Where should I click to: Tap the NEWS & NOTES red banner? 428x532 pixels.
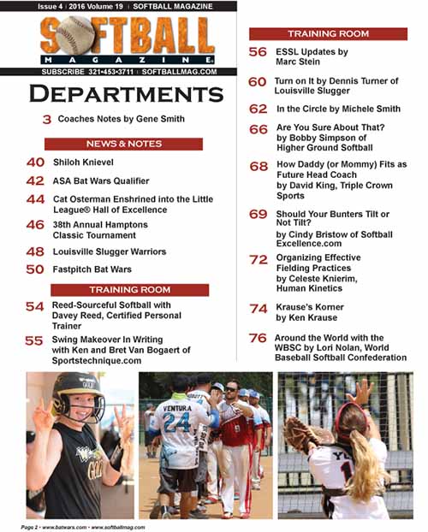click(x=123, y=144)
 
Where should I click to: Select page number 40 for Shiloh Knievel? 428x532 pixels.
click(x=35, y=163)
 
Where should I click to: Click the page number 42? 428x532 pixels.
click(x=35, y=181)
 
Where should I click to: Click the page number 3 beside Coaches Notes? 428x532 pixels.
click(x=47, y=120)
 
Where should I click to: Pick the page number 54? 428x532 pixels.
click(x=35, y=307)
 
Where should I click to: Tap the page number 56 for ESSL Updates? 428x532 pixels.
click(x=258, y=52)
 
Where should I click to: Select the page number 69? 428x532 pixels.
click(x=258, y=215)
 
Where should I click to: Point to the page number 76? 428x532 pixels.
click(x=258, y=339)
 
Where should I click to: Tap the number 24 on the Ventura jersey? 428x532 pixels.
click(x=176, y=424)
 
